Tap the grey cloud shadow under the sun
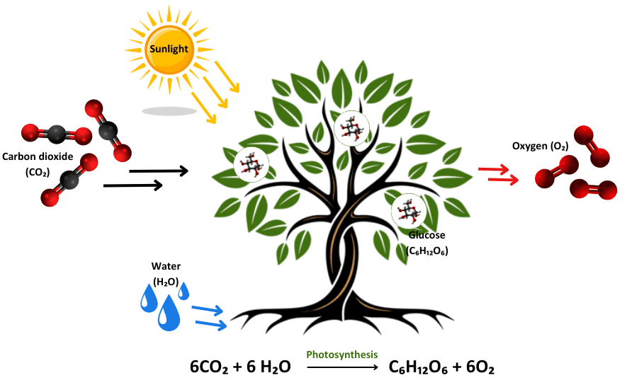tap(169, 111)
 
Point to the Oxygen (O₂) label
tap(540, 146)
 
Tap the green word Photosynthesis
tap(341, 354)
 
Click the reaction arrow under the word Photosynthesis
tap(341, 368)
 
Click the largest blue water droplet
tap(169, 313)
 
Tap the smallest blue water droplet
tap(183, 290)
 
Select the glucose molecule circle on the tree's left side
tap(252, 165)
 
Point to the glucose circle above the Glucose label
tap(409, 211)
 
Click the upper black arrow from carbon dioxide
tap(159, 171)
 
